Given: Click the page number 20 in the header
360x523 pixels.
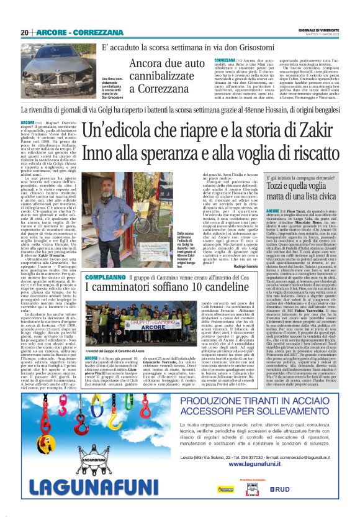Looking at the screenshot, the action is [24, 32].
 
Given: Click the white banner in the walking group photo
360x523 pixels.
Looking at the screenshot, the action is [144, 324].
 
